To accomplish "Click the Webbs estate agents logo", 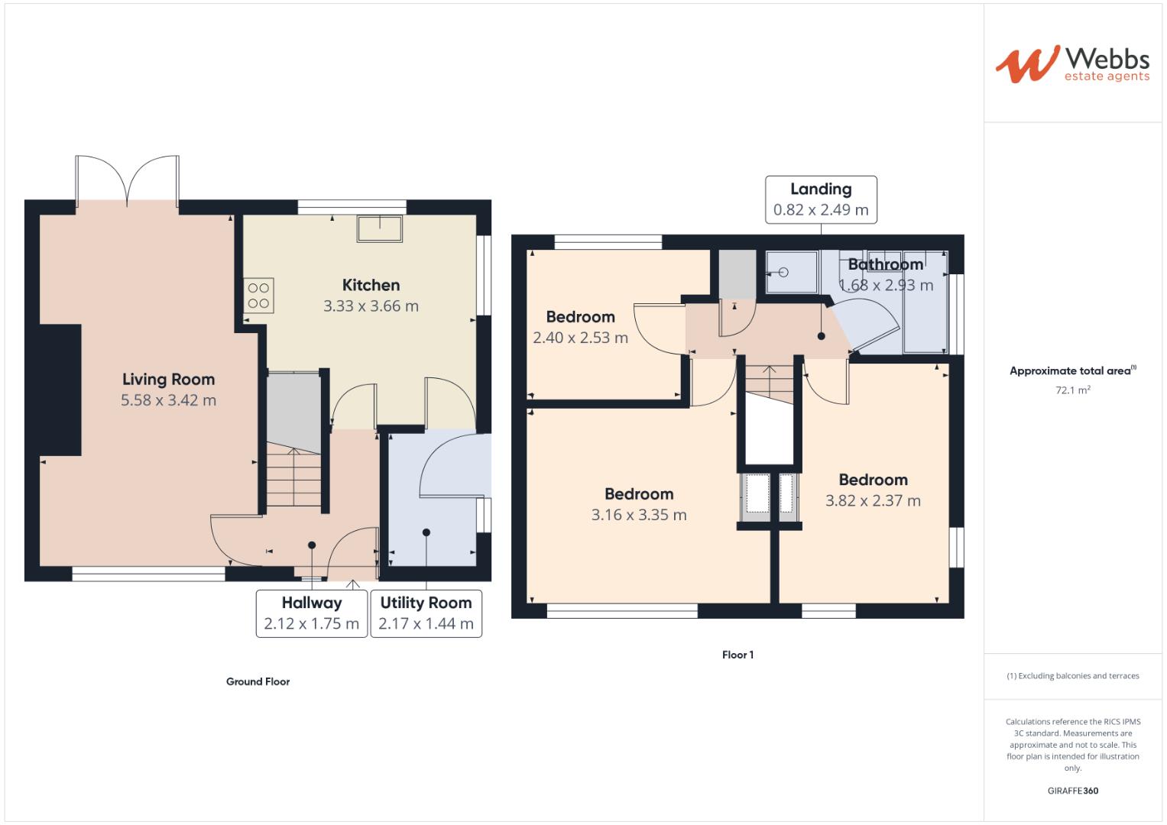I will (1071, 63).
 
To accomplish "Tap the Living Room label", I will (168, 380).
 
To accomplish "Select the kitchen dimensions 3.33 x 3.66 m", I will (371, 306).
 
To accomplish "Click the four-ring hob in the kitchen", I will (258, 296).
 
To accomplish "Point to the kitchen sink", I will (380, 228).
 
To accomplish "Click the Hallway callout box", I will (311, 613).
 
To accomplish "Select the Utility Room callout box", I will (426, 613).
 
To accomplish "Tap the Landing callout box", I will (821, 199).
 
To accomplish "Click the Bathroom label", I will (886, 265).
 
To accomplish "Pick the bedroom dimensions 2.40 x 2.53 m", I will (580, 338).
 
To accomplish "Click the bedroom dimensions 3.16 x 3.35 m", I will (639, 515).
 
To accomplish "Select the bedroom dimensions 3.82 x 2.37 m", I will (873, 501).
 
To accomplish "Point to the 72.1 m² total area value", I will (1072, 390).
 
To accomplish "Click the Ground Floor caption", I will (258, 681).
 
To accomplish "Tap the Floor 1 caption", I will (737, 655).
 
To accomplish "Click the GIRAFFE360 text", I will (1072, 791).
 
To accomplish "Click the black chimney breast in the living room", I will (60, 390).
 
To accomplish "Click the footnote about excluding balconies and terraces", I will (1072, 676).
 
